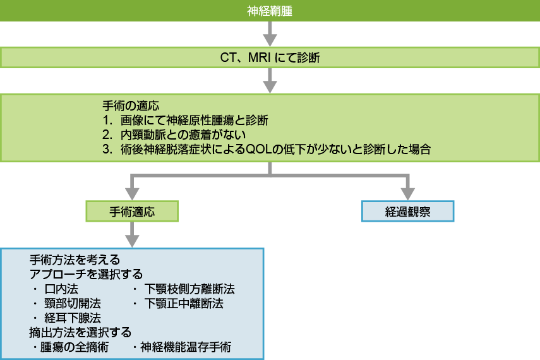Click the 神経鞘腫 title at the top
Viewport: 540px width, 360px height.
coord(270,10)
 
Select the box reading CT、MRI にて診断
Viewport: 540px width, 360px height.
coord(270,59)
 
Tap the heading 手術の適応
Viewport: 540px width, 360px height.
coord(129,105)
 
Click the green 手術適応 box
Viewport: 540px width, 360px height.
coord(132,212)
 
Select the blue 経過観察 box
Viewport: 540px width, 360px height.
coord(407,212)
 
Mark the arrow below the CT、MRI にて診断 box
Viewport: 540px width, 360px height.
coord(270,81)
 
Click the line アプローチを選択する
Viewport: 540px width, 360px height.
coord(86,275)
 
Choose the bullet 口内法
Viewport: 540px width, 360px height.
coord(61,289)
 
